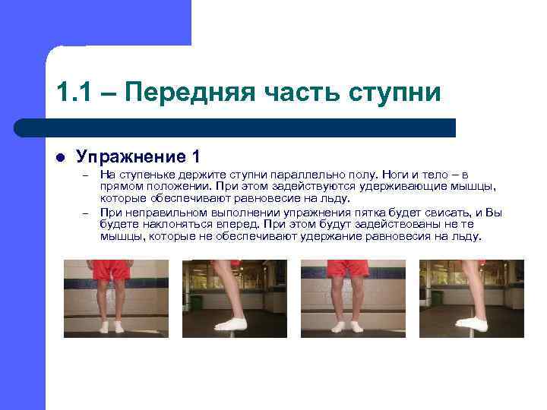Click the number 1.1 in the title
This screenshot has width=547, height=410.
point(73,93)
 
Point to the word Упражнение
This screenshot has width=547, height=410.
point(129,157)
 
